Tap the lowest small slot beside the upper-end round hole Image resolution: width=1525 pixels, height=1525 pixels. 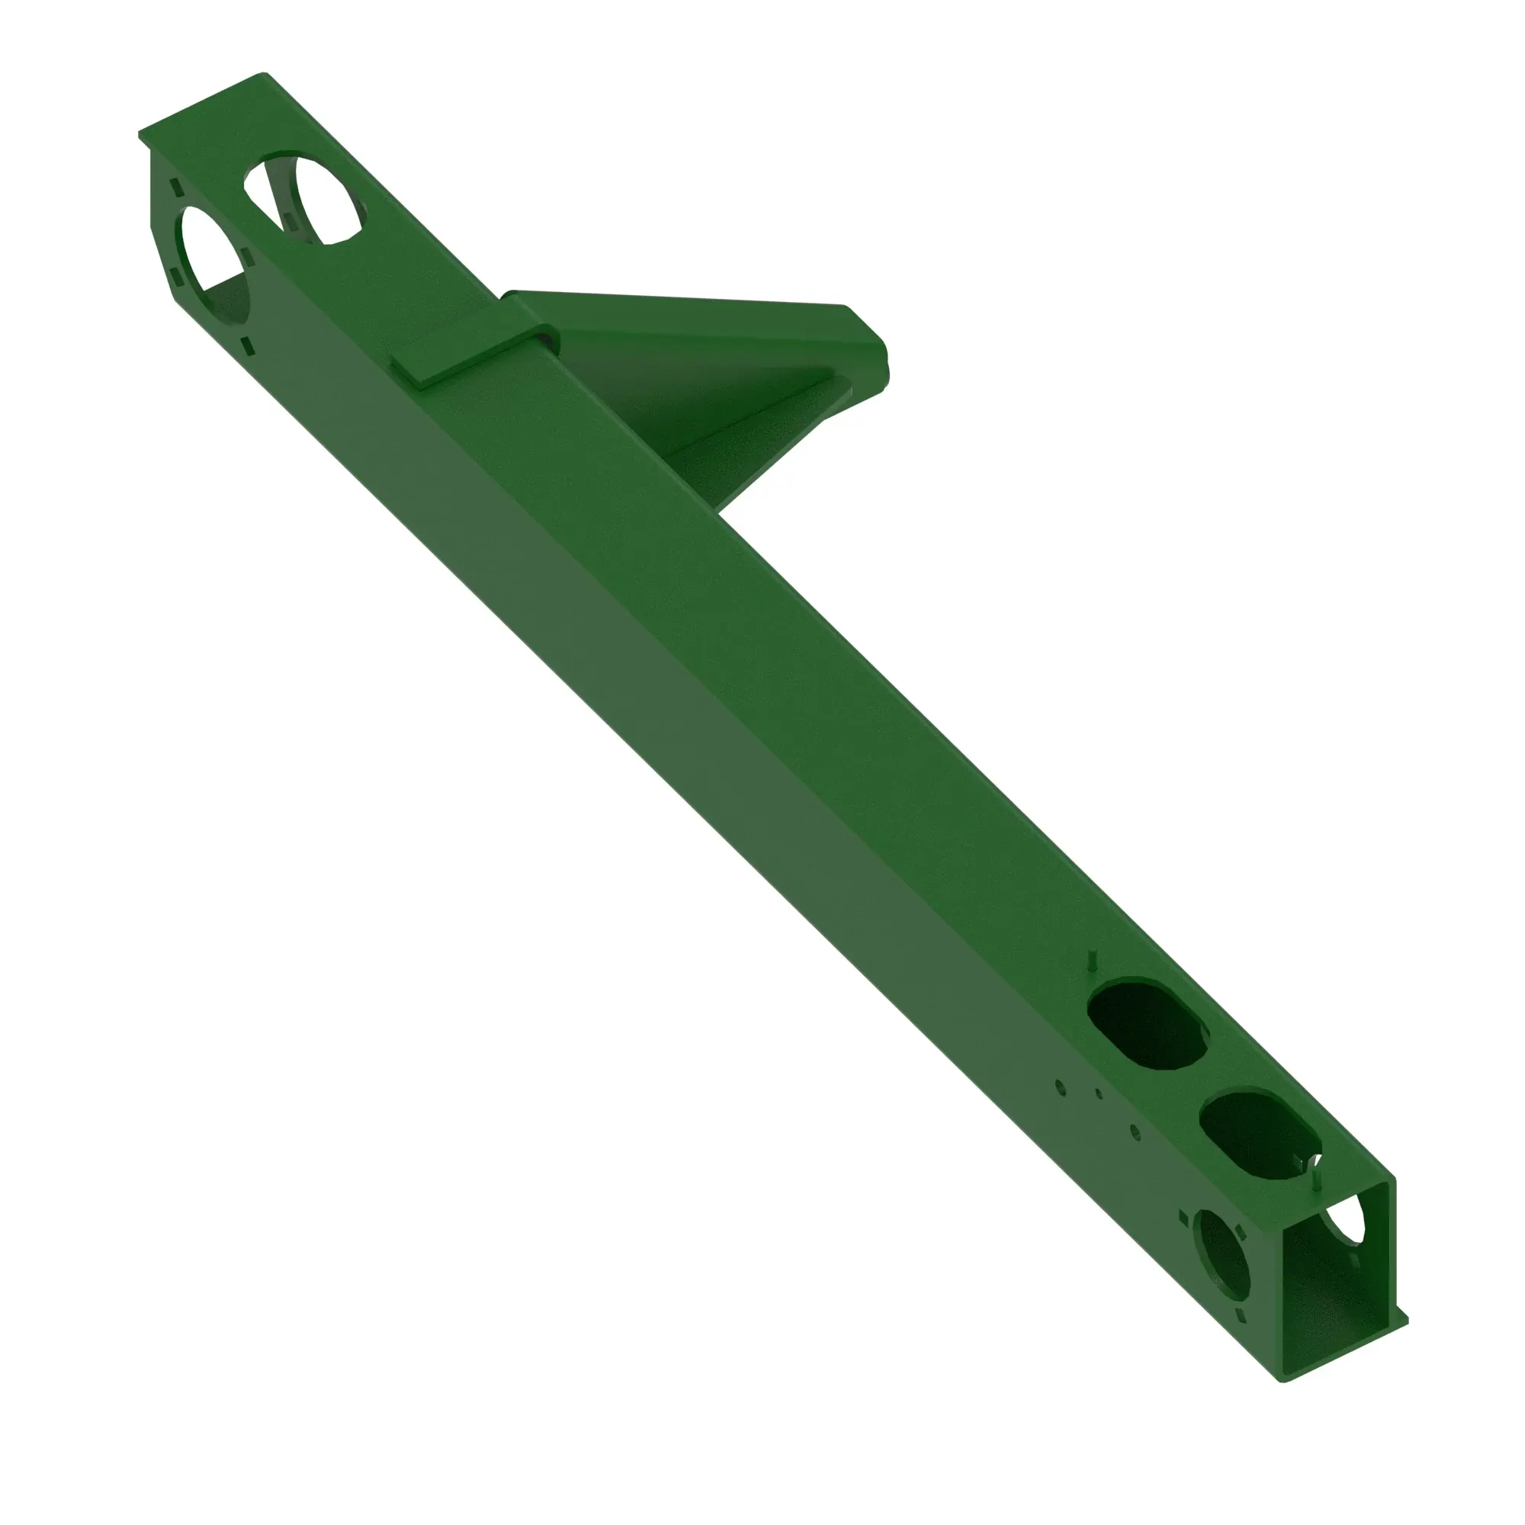coord(246,344)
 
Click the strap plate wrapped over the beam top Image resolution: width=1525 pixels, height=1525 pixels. coord(474,356)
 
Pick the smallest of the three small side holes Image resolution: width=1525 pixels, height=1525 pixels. coord(1099,1094)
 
